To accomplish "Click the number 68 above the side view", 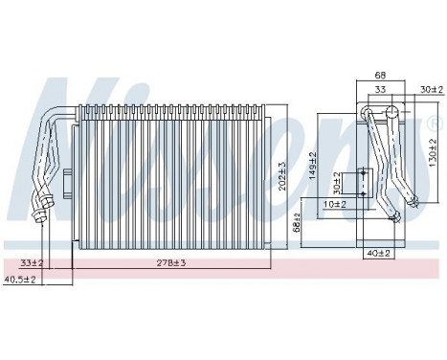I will point(381,76).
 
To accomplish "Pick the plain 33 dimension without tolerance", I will point(381,90).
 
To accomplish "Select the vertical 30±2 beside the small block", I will point(336,182).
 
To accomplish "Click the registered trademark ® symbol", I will point(436,124).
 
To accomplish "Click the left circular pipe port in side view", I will point(369,114).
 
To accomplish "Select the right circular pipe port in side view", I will point(393,114).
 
